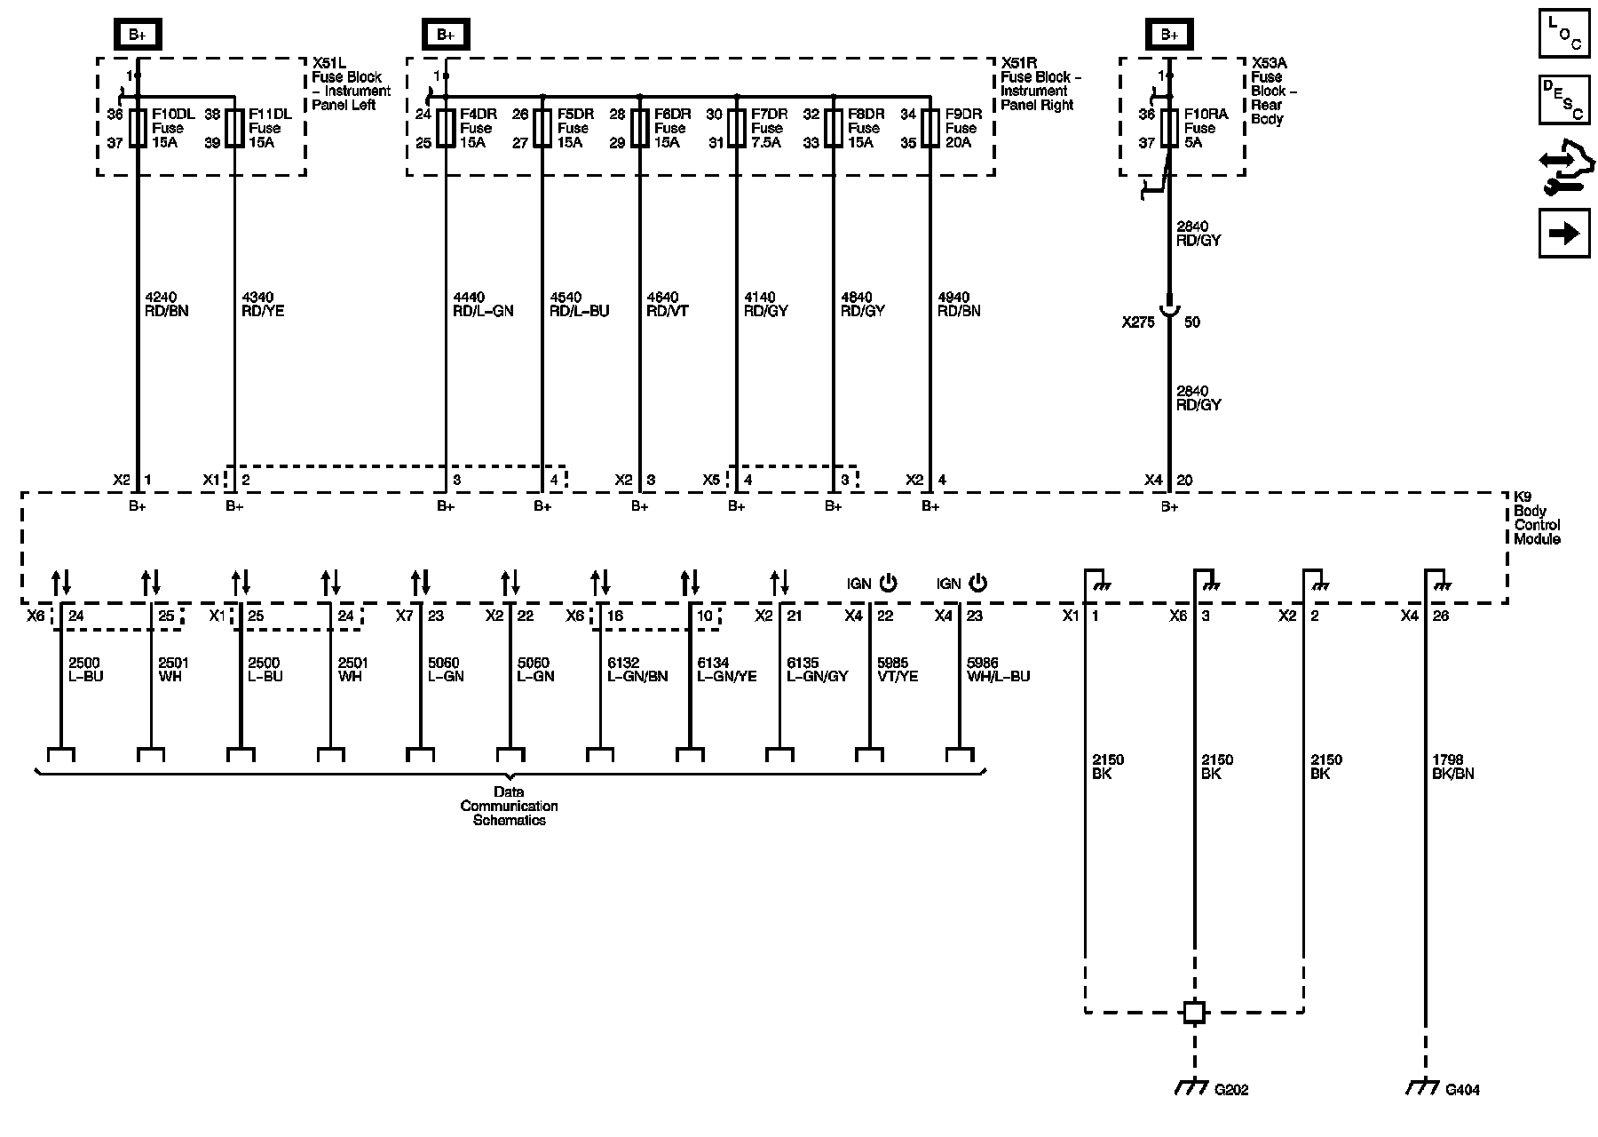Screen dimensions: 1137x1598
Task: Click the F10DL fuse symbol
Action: [138, 128]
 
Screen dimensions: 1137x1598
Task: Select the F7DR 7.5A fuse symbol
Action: [736, 128]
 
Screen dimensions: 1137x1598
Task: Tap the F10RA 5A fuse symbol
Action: [1169, 128]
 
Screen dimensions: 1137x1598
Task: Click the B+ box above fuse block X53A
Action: [1169, 35]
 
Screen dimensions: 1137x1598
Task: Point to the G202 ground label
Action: [1231, 1089]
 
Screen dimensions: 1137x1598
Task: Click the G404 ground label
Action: [1462, 1089]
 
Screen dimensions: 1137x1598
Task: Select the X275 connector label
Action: [1138, 322]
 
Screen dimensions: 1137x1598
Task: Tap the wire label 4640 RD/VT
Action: [668, 305]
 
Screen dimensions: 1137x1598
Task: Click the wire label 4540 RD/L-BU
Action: [579, 305]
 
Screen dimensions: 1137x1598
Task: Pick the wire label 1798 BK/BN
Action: [1453, 767]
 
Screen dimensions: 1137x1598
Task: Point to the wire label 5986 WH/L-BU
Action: [998, 670]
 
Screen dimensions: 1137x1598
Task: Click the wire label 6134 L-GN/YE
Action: [726, 670]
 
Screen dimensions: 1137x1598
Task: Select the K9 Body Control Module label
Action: [1537, 518]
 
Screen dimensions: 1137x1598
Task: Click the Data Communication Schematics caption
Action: [509, 806]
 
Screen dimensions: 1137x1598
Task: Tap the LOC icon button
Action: [1564, 33]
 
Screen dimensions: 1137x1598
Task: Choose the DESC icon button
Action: [1564, 99]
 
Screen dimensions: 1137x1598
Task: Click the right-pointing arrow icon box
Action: [1564, 233]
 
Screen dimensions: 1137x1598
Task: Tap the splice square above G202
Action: [1194, 1012]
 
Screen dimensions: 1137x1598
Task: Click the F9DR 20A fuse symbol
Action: [930, 128]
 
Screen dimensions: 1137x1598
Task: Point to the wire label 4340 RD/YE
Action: [263, 305]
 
